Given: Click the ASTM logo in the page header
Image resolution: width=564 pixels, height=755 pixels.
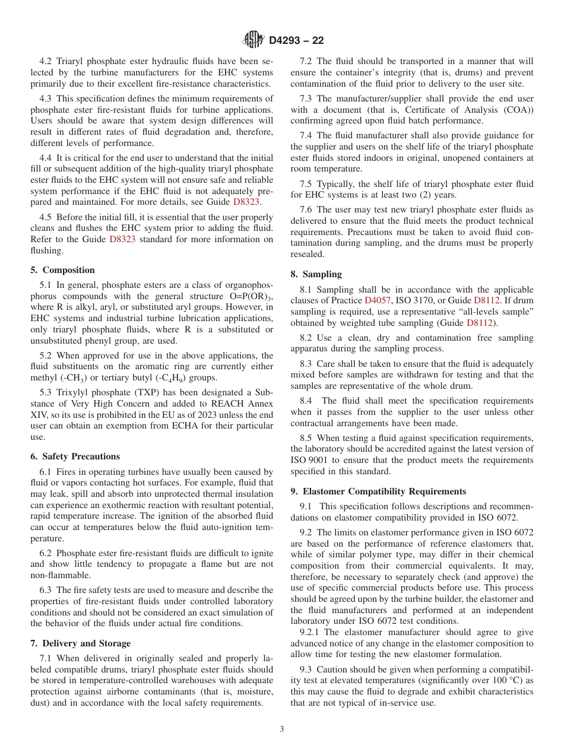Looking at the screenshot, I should tap(254, 40).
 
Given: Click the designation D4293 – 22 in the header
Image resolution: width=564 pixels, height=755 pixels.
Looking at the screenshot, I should tap(296, 41).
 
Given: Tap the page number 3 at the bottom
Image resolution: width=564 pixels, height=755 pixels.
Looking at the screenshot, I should tap(282, 729).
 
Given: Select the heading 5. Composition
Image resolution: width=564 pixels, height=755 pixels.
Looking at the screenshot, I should tap(62, 270).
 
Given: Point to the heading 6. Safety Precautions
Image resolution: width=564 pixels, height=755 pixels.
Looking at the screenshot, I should tap(75, 456).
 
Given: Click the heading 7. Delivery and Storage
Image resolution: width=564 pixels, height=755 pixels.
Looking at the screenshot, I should tap(80, 643).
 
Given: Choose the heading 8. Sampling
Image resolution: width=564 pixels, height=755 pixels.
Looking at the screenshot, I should tap(316, 274).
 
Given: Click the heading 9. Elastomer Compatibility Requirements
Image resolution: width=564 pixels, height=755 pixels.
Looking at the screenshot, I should tap(378, 491).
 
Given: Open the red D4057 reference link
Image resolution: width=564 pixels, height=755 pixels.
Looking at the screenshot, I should tap(377, 301).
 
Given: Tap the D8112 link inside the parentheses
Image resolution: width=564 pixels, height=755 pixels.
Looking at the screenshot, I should tap(481, 323).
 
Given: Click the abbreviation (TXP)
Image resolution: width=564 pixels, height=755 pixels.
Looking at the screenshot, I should tap(141, 392).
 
